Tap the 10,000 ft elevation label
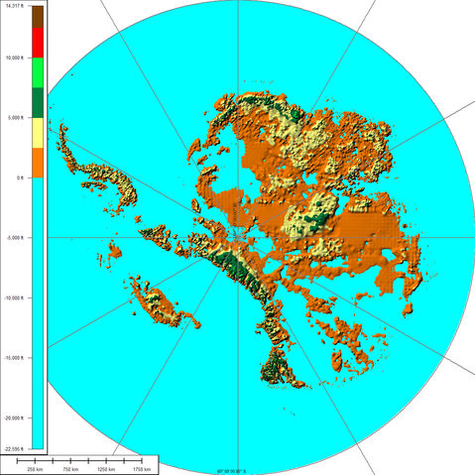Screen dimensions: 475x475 (15, 57)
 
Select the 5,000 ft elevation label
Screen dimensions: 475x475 (14, 117)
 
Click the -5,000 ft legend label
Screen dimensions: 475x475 (15, 238)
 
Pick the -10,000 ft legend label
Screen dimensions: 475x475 (17, 297)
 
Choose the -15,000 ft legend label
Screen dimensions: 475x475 (17, 358)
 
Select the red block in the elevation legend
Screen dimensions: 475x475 (38, 42)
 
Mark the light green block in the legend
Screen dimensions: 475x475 (38, 72)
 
